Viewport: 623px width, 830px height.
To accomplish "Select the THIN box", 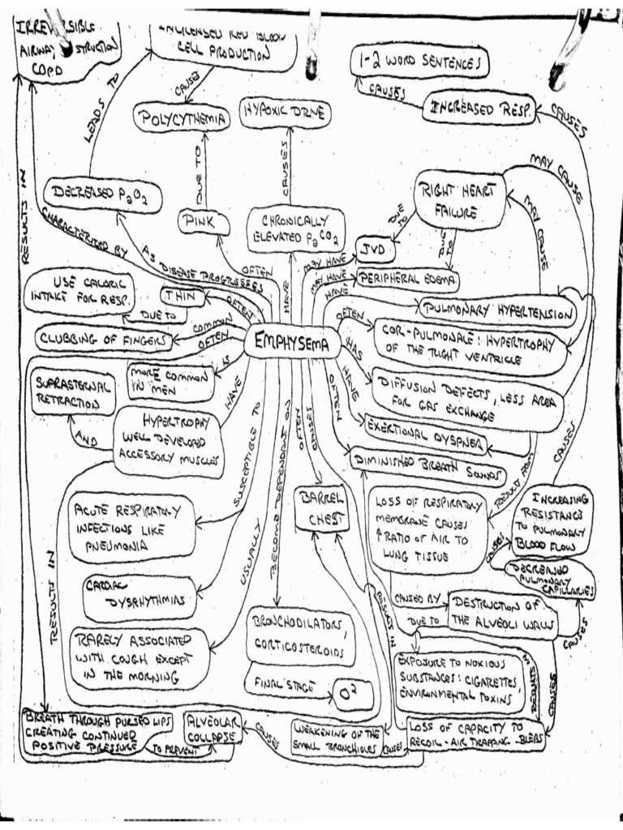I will point(184,297).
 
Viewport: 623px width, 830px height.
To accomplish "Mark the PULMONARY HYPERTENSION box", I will point(498,310).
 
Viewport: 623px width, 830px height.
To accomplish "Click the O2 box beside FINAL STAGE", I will point(352,695).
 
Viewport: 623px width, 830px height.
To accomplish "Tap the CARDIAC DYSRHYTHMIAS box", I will point(140,598).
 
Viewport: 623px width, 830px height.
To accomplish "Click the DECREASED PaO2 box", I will point(101,195).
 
